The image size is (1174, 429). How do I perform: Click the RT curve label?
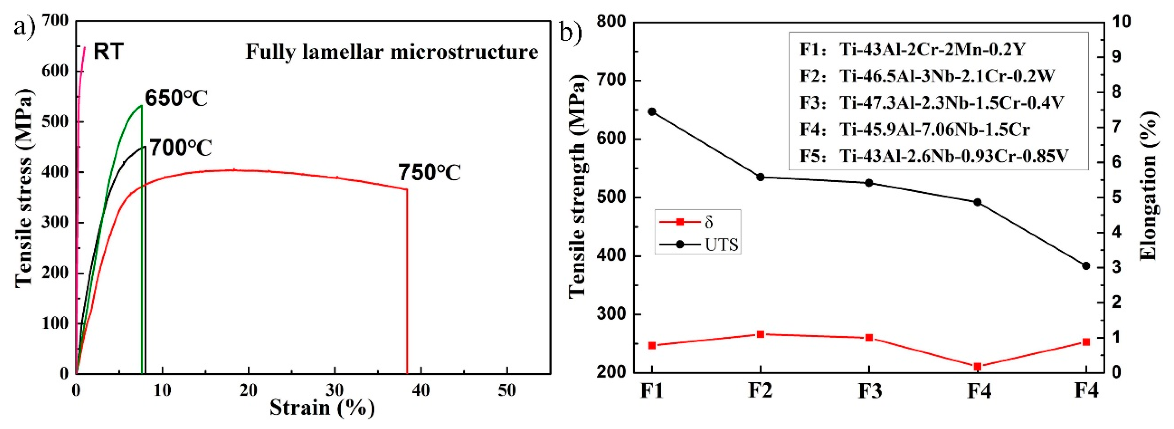click(108, 51)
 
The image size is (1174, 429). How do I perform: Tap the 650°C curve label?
click(176, 99)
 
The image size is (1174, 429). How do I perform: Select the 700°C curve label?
click(180, 148)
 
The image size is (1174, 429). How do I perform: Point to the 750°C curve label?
click(429, 173)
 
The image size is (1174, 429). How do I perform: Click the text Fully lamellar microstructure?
click(392, 51)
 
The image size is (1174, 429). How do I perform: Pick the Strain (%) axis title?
click(322, 407)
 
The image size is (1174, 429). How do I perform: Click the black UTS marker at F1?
click(652, 111)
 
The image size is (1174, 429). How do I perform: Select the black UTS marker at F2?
click(760, 177)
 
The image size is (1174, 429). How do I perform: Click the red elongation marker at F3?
click(869, 338)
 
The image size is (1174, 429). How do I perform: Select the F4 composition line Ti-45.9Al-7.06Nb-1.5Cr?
click(915, 129)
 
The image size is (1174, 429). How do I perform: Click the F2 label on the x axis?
click(760, 391)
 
